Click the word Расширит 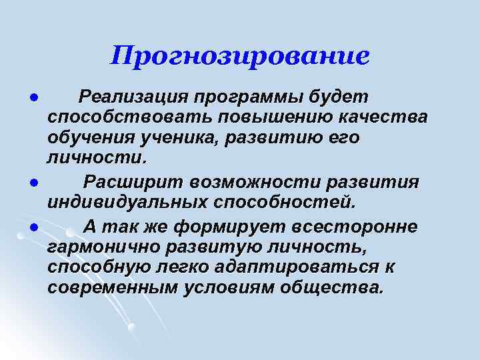click(133, 182)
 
